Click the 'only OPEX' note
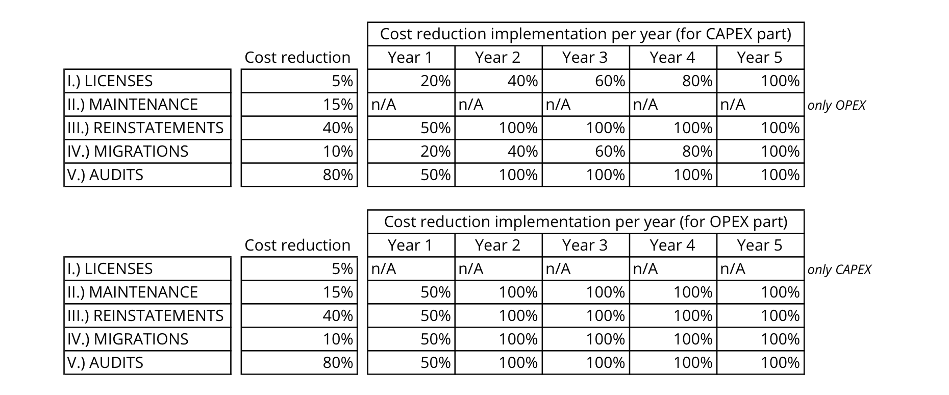pyautogui.click(x=836, y=105)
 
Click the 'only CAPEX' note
pyautogui.click(x=839, y=269)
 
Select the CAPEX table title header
pyautogui.click(x=585, y=34)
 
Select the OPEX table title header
pyautogui.click(x=585, y=222)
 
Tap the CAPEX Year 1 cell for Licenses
pyautogui.click(x=411, y=81)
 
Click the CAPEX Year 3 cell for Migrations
pyautogui.click(x=586, y=152)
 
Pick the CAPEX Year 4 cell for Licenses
pyautogui.click(x=673, y=81)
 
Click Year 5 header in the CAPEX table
pyautogui.click(x=760, y=58)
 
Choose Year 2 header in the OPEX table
pyautogui.click(x=498, y=245)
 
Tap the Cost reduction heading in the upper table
pyautogui.click(x=297, y=58)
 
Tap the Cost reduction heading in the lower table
pyautogui.click(x=297, y=245)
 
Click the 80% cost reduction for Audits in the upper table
pyautogui.click(x=299, y=175)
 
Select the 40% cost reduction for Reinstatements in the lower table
pyautogui.click(x=299, y=316)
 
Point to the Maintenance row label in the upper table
pyautogui.click(x=147, y=105)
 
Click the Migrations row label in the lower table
pyautogui.click(x=147, y=339)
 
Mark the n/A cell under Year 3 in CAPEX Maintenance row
pyautogui.click(x=586, y=105)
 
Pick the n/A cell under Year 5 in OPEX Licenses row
pyautogui.click(x=760, y=269)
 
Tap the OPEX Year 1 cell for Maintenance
pyautogui.click(x=411, y=292)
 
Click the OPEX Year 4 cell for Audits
pyautogui.click(x=673, y=363)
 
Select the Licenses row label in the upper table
pyautogui.click(x=147, y=81)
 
